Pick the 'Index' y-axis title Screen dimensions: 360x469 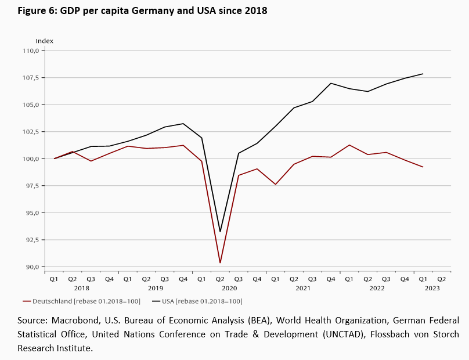pos(45,41)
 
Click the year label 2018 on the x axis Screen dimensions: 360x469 pos(81,288)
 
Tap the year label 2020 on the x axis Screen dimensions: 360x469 pos(229,288)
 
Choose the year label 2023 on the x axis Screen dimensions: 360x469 pos(432,288)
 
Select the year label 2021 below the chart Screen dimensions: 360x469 pos(303,288)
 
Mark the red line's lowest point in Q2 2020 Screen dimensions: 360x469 pos(220,263)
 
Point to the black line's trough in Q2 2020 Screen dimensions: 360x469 pos(220,232)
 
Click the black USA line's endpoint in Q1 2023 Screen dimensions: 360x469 pos(423,74)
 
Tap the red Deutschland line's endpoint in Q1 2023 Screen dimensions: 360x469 pos(423,167)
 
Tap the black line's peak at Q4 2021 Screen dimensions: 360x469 pos(331,83)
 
